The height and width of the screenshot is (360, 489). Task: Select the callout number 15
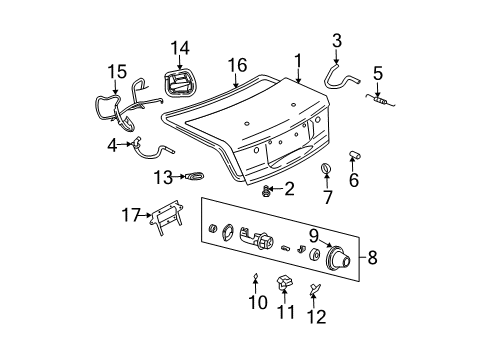(118, 73)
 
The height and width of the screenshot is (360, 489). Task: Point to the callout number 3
(337, 41)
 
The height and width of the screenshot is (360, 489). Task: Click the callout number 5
(377, 73)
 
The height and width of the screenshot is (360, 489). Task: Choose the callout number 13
(163, 177)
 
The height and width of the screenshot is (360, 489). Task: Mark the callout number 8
(372, 258)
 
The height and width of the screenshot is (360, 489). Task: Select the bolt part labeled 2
(267, 189)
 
